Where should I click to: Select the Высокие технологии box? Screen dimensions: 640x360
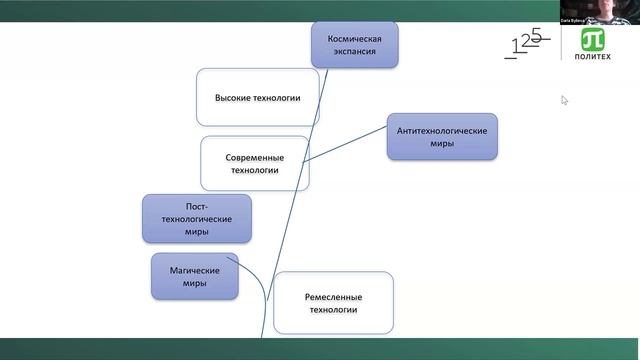pos(257,98)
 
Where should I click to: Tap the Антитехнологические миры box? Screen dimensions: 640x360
pos(442,137)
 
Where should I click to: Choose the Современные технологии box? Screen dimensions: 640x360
pos(254,164)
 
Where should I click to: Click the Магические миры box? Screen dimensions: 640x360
pos(195,276)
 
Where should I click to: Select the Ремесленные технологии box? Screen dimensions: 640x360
pos(333,303)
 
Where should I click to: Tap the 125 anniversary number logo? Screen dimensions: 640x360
pos(528,43)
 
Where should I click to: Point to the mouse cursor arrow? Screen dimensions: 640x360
pos(564,99)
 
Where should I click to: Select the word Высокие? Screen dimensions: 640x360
pos(234,98)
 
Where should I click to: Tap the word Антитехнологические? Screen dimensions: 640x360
pos(442,131)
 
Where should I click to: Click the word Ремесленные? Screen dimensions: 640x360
pos(333,297)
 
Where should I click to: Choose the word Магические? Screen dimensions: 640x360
pos(195,270)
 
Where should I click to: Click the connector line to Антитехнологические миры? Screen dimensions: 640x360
pos(345,145)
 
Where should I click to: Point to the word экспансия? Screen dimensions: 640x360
pos(355,52)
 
